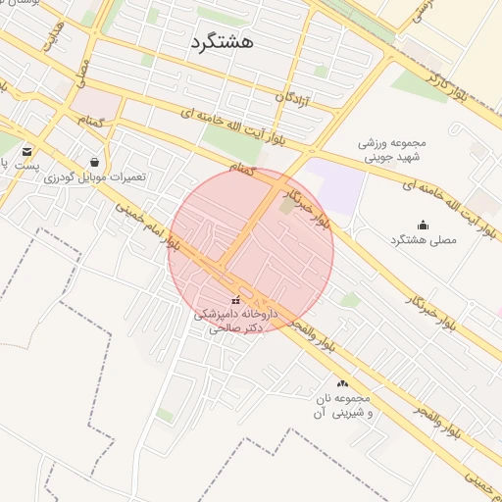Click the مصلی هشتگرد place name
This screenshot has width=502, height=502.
pyautogui.click(x=424, y=240)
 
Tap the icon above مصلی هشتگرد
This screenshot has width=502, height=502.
pyautogui.click(x=423, y=225)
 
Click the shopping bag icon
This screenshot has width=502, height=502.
pyautogui.click(x=94, y=162)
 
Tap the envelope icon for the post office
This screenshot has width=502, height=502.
pyautogui.click(x=26, y=152)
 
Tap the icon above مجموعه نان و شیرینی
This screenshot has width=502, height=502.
pyautogui.click(x=342, y=383)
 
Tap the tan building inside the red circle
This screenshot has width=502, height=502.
pyautogui.click(x=285, y=206)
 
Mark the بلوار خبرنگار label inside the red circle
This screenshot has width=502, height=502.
pyautogui.click(x=316, y=202)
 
